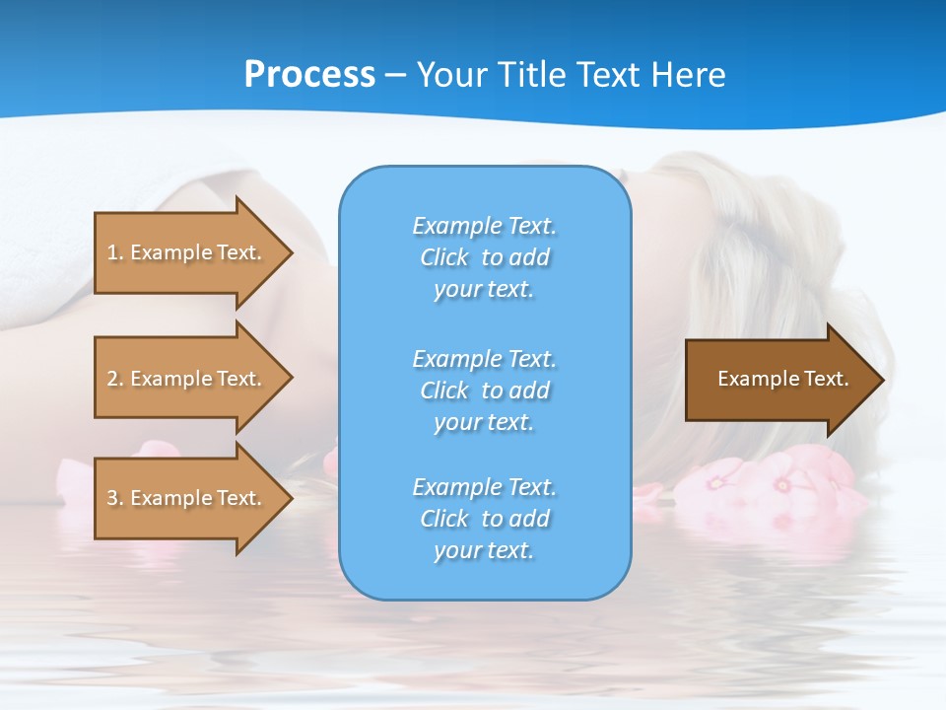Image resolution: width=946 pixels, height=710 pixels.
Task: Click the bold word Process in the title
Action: (x=309, y=75)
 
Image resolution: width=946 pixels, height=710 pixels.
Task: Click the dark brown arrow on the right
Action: (x=778, y=379)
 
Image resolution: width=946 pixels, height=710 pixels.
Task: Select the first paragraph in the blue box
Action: (x=484, y=257)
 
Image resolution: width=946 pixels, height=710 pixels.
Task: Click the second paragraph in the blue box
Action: (x=484, y=390)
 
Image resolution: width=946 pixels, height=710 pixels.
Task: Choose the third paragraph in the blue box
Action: (x=484, y=519)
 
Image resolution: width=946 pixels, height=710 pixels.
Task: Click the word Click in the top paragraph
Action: (x=443, y=257)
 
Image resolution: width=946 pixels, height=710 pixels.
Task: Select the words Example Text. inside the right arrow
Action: (x=782, y=379)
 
